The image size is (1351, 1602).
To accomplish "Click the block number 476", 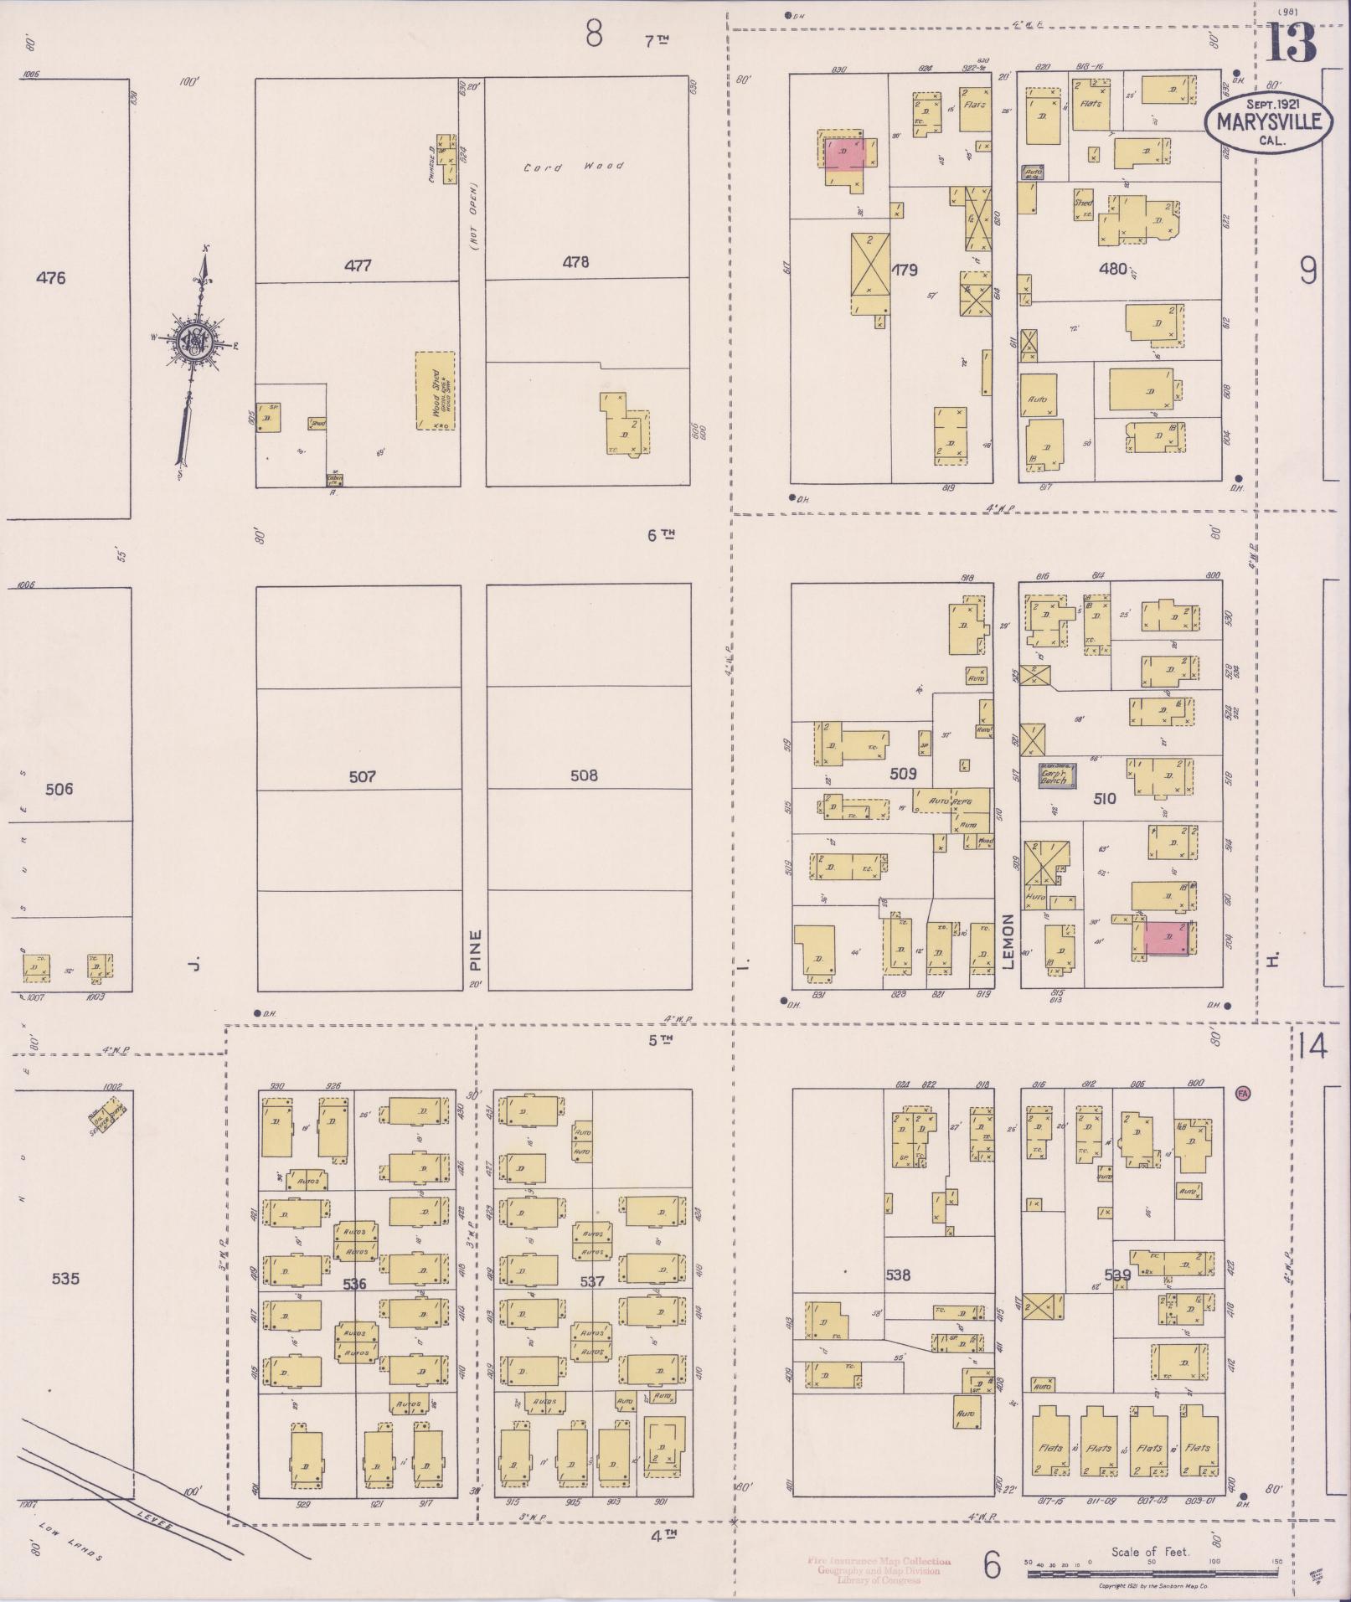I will (x=51, y=278).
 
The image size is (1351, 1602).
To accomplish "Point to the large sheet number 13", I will (x=1291, y=44).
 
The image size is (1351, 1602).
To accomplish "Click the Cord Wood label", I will (x=574, y=167).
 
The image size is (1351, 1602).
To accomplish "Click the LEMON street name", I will (x=1008, y=941).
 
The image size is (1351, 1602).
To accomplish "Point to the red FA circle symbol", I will (x=1242, y=1092).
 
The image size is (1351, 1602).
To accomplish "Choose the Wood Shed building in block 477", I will (x=436, y=391).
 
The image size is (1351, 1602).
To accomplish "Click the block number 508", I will (x=584, y=775).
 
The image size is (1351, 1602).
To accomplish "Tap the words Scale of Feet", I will (x=1150, y=1552).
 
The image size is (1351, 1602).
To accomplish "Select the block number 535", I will (x=65, y=1279).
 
